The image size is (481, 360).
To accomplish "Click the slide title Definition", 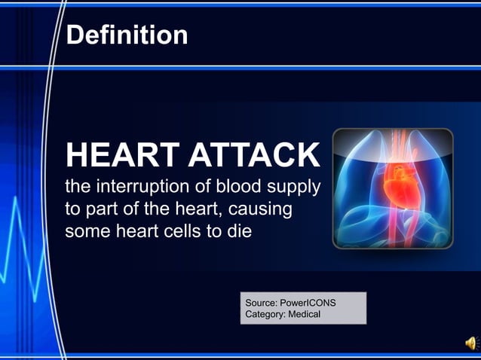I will pos(127,35).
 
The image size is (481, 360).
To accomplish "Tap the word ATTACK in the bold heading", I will pos(255,156).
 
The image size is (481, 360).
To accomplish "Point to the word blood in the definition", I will pos(240,185).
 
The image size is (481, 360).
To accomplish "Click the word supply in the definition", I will pos(295,186).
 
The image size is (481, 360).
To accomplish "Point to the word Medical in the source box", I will pos(303,314).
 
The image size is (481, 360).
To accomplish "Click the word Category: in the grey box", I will pos(265,314).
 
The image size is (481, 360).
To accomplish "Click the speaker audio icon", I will pos(471,345).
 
